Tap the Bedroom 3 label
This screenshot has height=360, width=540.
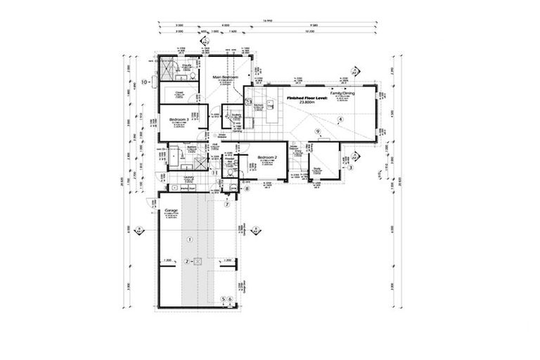176,120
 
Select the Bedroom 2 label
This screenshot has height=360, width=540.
266,157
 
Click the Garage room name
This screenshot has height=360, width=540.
169,210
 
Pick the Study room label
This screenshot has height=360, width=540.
317,168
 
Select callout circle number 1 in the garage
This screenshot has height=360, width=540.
188,240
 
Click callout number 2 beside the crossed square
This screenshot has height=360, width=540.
187,261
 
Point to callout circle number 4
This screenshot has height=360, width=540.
340,120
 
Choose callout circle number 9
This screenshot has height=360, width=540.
318,131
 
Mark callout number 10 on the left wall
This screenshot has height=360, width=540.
144,82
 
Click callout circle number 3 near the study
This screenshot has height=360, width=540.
350,167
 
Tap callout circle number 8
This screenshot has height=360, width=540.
247,188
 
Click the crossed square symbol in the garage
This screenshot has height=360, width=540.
198,261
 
